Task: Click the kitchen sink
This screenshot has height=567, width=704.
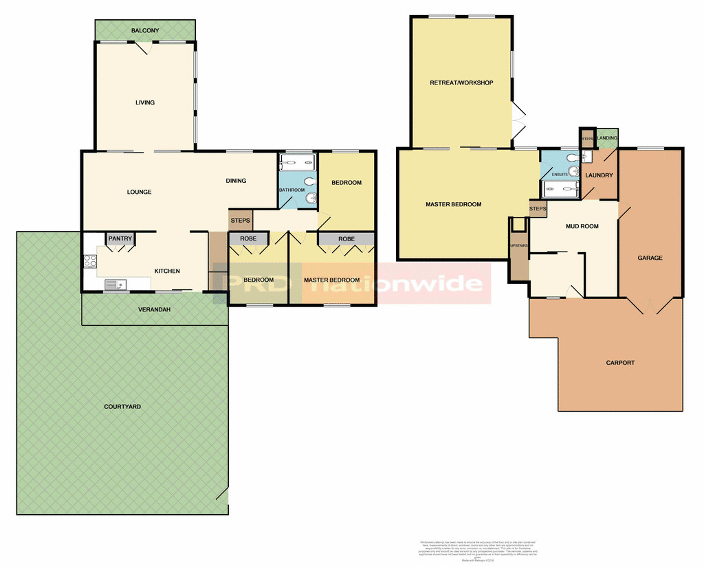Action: tap(114, 284)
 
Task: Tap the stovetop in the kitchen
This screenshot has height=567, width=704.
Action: tap(89, 261)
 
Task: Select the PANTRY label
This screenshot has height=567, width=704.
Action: tap(120, 238)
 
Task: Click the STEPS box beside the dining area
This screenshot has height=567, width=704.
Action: tap(241, 221)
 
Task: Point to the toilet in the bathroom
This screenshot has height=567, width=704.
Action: tap(309, 181)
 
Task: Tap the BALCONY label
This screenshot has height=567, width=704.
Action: tap(145, 30)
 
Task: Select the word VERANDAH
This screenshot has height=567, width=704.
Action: tap(153, 309)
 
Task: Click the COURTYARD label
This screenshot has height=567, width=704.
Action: tap(122, 407)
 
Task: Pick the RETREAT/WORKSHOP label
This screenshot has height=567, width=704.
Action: tap(461, 83)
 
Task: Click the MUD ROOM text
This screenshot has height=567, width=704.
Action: tap(582, 226)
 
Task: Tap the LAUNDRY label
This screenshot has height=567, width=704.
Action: tap(599, 175)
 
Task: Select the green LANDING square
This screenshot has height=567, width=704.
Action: tap(608, 138)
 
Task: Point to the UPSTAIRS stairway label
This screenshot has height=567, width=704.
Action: tap(518, 245)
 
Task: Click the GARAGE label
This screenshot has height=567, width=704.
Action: tap(650, 258)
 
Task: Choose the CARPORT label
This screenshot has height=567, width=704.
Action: tap(620, 363)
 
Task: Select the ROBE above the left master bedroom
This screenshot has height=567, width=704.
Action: tap(346, 238)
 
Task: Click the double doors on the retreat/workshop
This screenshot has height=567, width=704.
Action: tap(518, 120)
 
